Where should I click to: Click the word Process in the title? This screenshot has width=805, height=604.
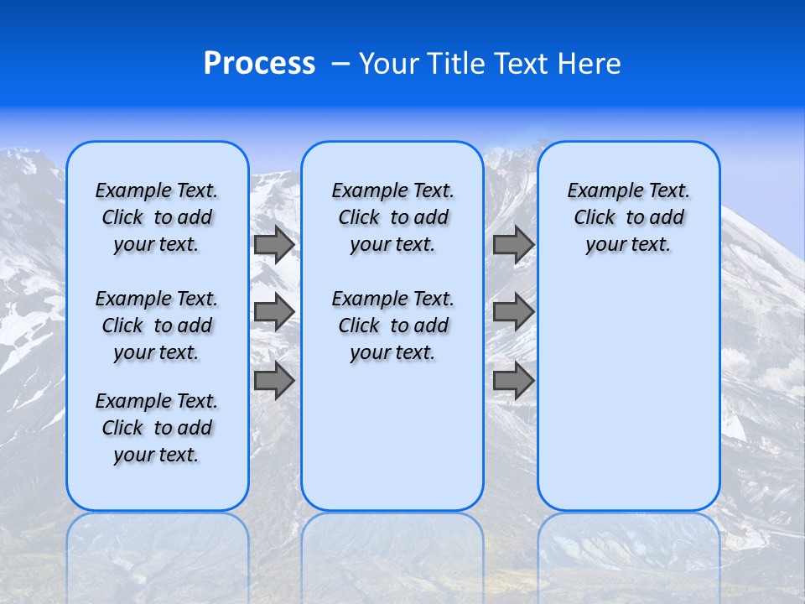click(259, 64)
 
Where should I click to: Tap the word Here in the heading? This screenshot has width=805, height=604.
click(589, 64)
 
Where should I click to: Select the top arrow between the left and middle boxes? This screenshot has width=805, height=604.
click(274, 245)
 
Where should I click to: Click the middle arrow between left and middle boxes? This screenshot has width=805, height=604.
click(274, 312)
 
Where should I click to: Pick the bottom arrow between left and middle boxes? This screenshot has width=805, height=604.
click(274, 380)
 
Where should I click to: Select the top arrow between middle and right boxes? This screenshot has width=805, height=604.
click(513, 245)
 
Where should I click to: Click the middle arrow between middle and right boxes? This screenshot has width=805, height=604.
click(513, 312)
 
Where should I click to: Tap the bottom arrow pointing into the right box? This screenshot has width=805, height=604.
click(513, 380)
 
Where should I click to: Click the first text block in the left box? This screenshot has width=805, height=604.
click(157, 217)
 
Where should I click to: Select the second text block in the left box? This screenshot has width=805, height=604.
click(157, 325)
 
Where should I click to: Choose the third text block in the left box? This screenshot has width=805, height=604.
click(157, 428)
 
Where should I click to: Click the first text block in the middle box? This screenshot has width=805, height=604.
click(392, 217)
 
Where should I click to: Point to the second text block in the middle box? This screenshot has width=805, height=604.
click(392, 325)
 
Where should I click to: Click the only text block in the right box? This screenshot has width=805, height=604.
click(629, 217)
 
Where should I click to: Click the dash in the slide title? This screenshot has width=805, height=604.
click(340, 65)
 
